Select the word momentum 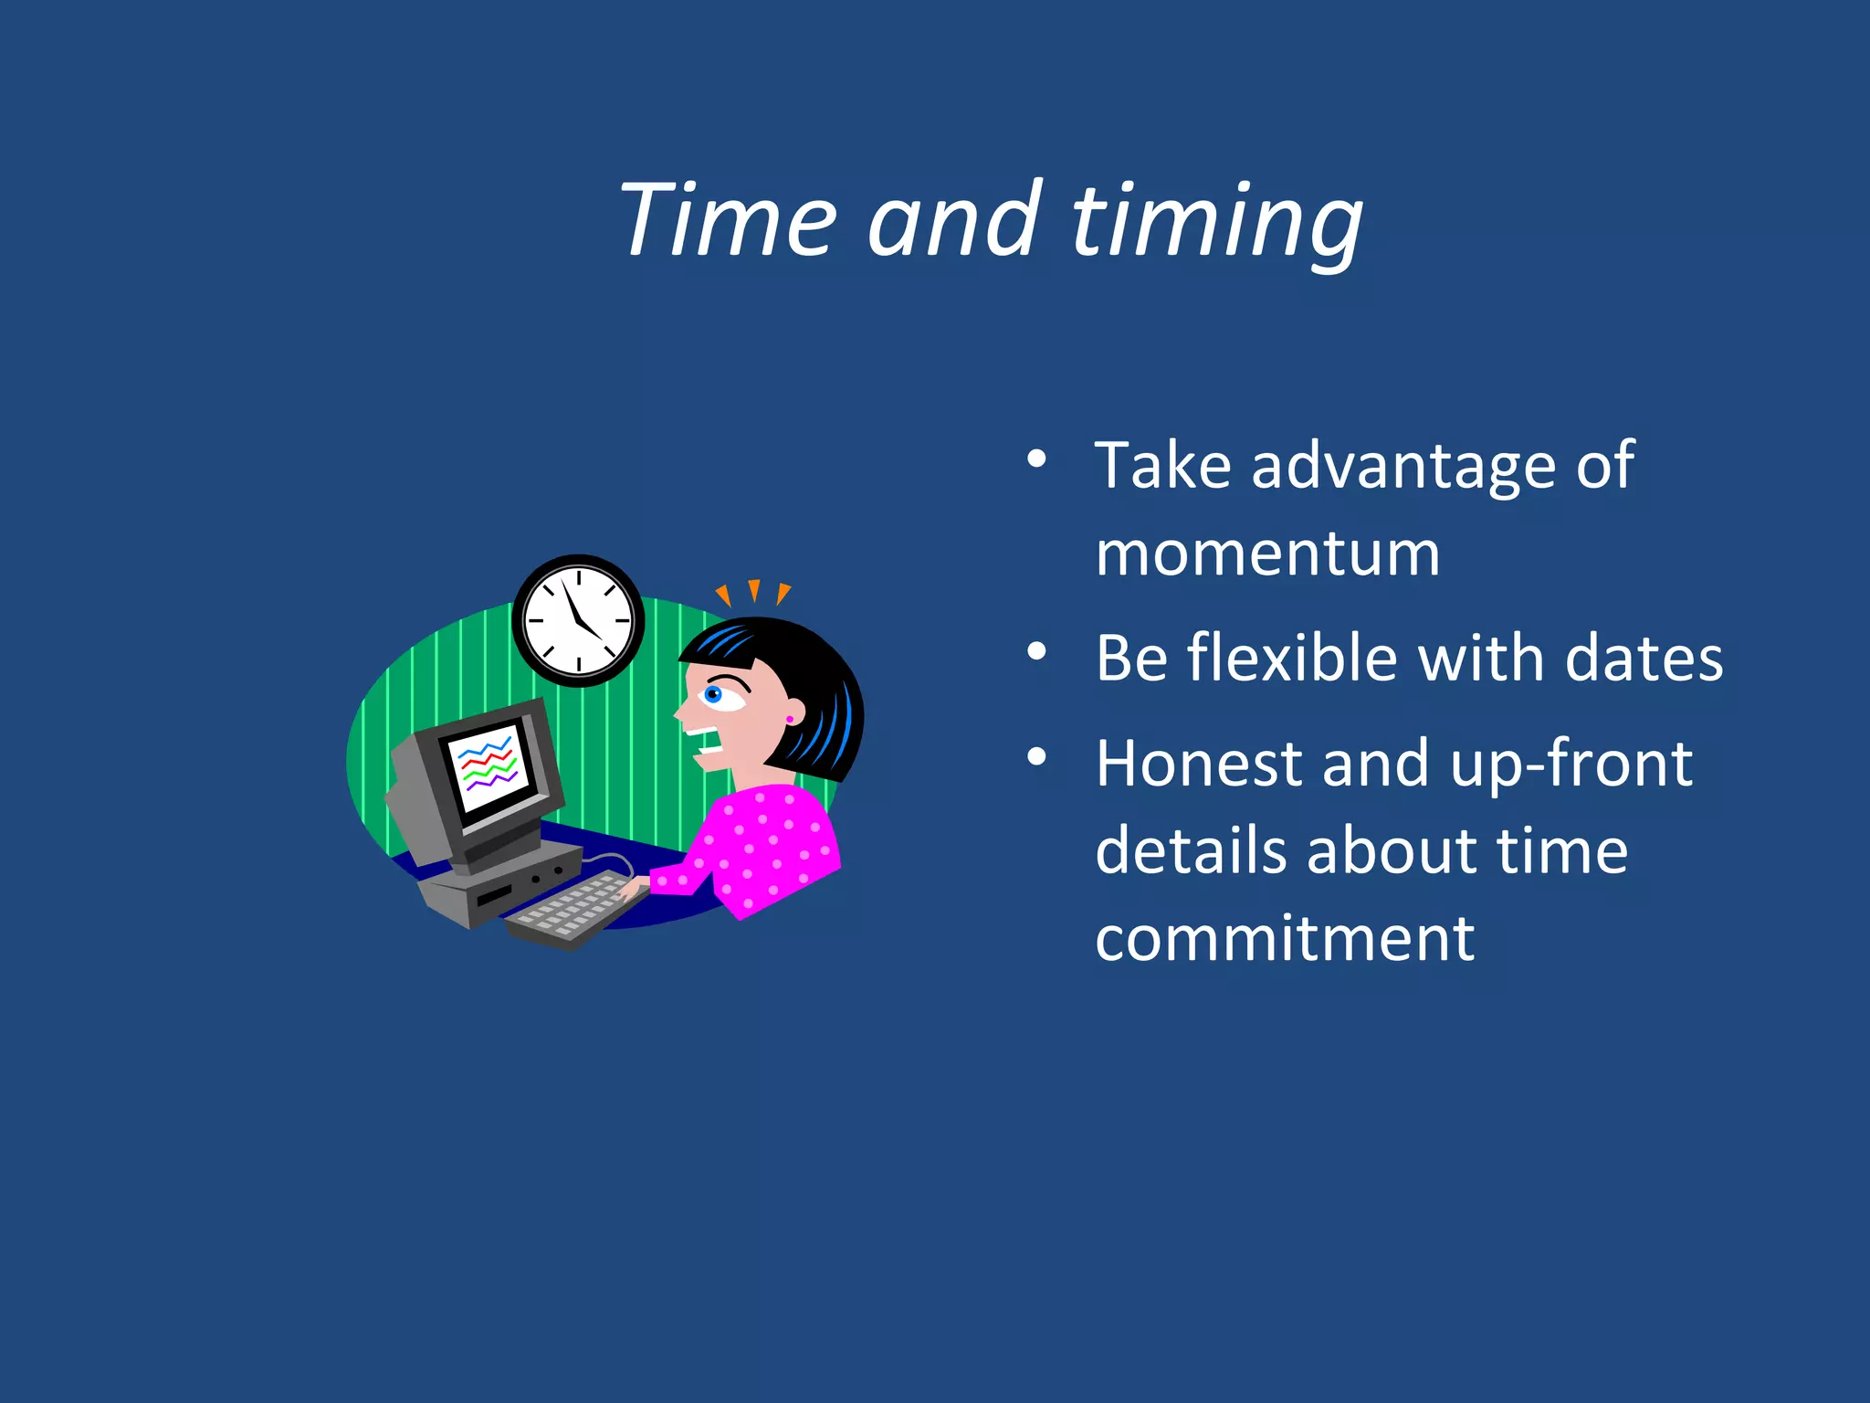1267,554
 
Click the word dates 1644,658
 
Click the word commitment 1285,938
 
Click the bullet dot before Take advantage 1036,459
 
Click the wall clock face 578,621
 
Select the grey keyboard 572,908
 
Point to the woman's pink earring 790,720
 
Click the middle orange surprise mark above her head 754,591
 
